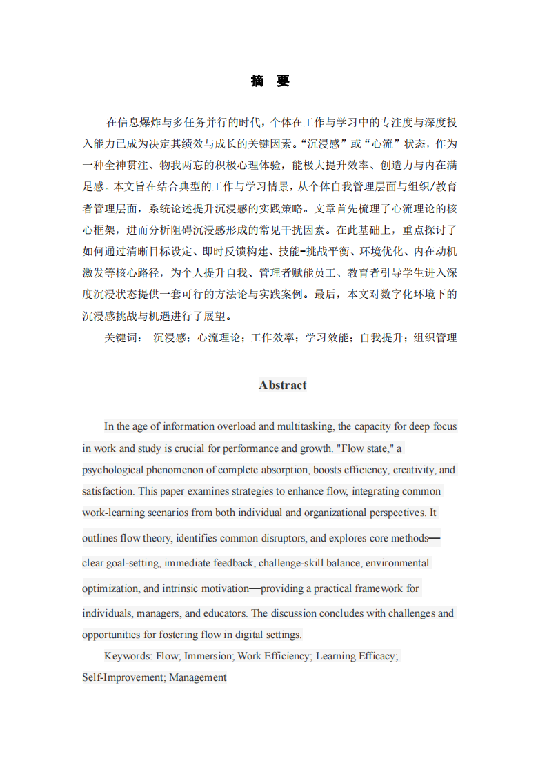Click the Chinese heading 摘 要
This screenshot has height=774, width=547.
click(270, 81)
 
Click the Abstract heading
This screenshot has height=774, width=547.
click(282, 385)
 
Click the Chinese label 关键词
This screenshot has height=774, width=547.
click(123, 338)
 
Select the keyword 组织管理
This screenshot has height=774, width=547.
click(435, 338)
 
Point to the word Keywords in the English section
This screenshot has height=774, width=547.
click(128, 656)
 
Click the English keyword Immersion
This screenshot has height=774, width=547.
click(208, 656)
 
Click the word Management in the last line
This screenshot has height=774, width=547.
click(198, 677)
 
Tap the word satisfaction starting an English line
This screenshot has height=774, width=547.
click(107, 491)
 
